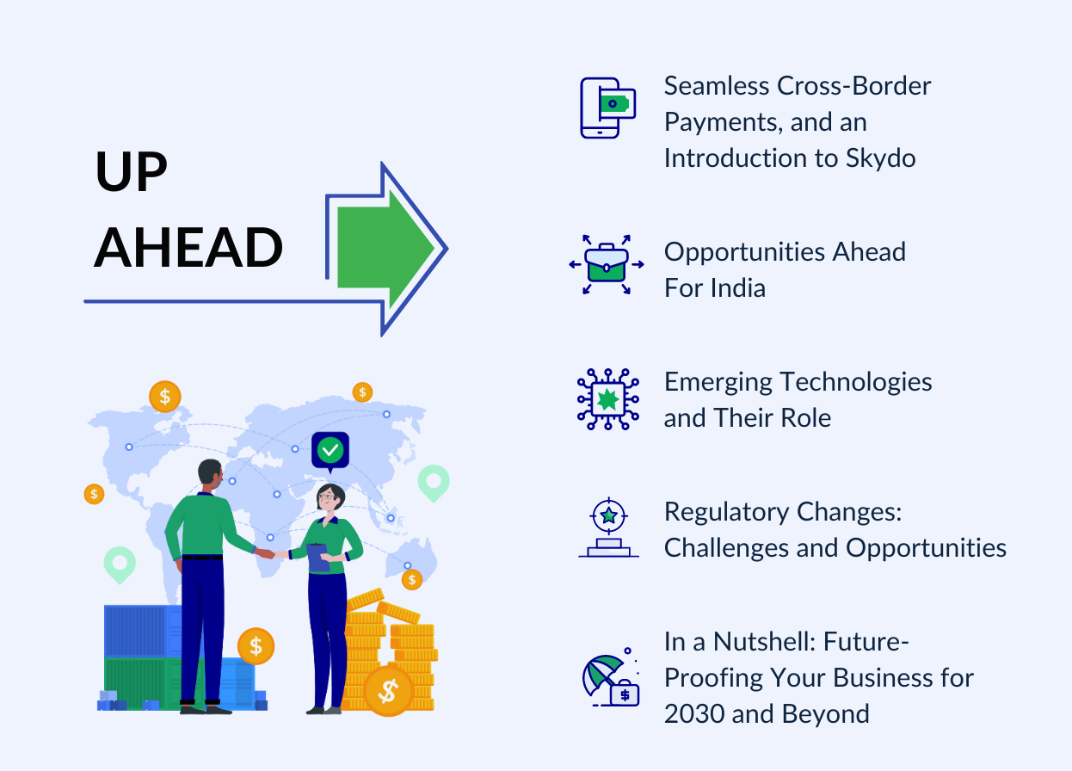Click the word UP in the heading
pyautogui.click(x=132, y=172)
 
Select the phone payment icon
pyautogui.click(x=607, y=108)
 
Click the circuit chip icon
pyautogui.click(x=608, y=398)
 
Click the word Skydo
pyautogui.click(x=877, y=158)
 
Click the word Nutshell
pyautogui.click(x=774, y=642)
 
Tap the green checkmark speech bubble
pyautogui.click(x=330, y=450)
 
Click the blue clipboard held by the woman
pyautogui.click(x=317, y=556)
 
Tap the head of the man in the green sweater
pyautogui.click(x=210, y=472)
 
